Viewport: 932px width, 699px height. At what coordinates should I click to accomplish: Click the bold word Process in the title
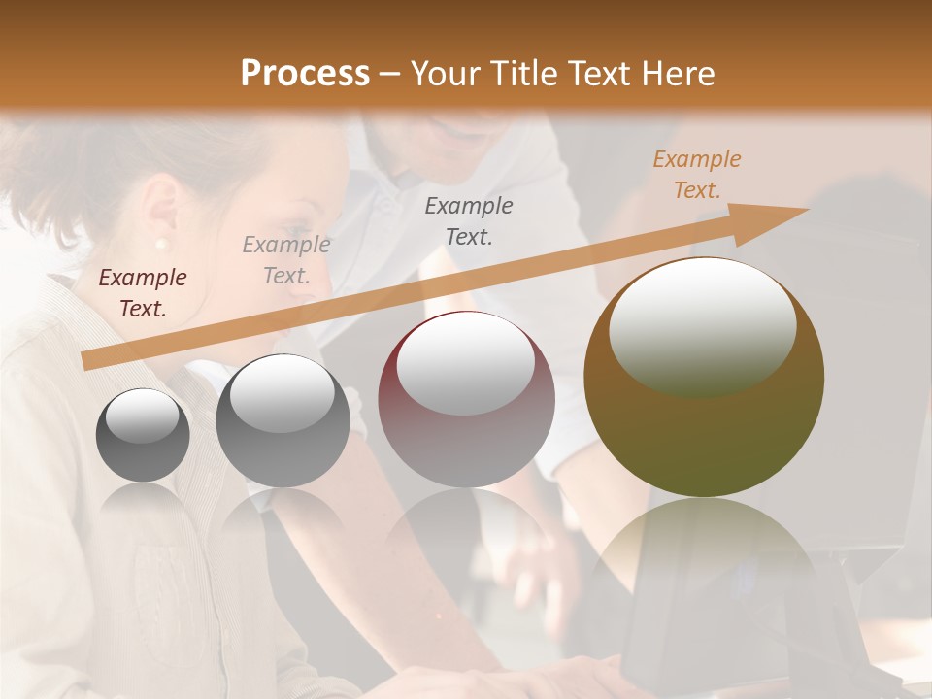point(305,74)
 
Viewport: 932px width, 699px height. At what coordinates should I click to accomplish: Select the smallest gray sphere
point(143,435)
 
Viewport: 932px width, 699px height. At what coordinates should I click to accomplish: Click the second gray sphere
point(283,420)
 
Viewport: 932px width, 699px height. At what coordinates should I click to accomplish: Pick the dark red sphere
point(466,399)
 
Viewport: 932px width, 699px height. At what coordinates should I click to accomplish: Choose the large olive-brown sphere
point(704,377)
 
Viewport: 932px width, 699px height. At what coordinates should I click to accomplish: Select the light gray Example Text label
point(286,260)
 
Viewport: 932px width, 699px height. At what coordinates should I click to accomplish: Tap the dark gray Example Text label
point(469,220)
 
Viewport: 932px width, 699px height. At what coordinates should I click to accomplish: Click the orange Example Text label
point(697,175)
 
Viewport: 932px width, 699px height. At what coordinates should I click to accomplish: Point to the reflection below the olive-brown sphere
point(704,563)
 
